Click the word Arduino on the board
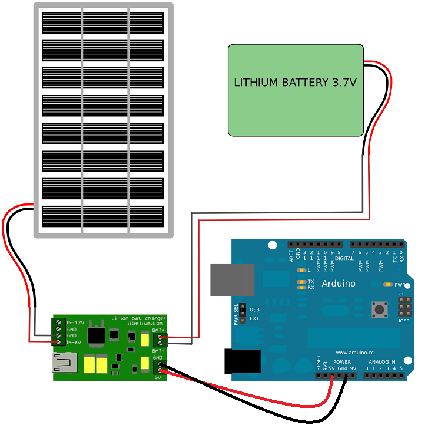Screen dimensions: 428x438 tap(338, 284)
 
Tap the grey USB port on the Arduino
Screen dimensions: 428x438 tap(232, 279)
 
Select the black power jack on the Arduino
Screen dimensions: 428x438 tap(243, 361)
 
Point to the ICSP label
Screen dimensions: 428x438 tap(404, 321)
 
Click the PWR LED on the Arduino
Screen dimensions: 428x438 tap(388, 284)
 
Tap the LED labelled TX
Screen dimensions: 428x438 tap(302, 282)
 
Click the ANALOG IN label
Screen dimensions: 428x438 tap(382, 361)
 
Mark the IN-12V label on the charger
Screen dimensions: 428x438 tap(75, 323)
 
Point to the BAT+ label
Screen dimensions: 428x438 tap(158, 330)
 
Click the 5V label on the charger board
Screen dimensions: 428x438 tap(157, 377)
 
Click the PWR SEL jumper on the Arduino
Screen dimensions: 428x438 tap(241, 314)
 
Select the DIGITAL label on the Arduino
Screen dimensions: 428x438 tap(344, 258)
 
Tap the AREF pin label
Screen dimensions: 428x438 tap(291, 255)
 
